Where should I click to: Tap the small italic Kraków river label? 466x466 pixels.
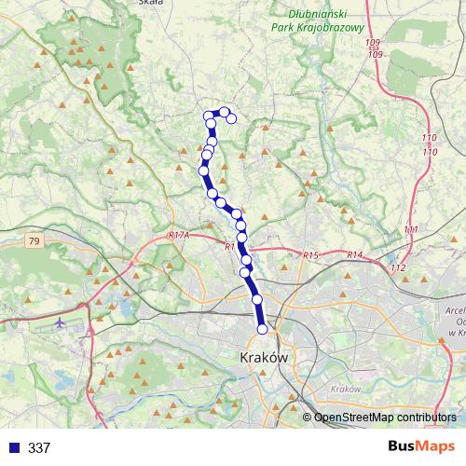(x=345, y=389)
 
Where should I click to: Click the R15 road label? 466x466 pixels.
(x=310, y=255)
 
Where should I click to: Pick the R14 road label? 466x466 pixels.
(x=354, y=254)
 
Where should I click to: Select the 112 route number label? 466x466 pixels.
(x=399, y=268)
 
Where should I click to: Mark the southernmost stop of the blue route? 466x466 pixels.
(x=262, y=328)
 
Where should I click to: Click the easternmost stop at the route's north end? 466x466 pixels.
(x=231, y=118)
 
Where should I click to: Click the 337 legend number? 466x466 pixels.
(x=39, y=448)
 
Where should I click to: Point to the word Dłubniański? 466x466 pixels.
(x=325, y=14)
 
